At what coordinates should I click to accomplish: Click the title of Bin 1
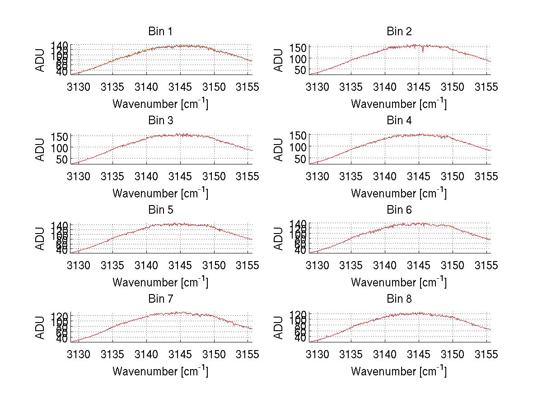pos(160,32)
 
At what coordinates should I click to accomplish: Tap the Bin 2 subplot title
pos(399,32)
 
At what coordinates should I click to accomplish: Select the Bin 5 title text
pos(160,210)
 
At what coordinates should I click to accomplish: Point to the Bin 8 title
pos(399,299)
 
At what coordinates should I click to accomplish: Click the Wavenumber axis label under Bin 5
pos(160,282)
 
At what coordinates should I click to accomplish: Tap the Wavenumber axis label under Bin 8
pos(399,371)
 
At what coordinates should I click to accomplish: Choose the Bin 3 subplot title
pos(160,121)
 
